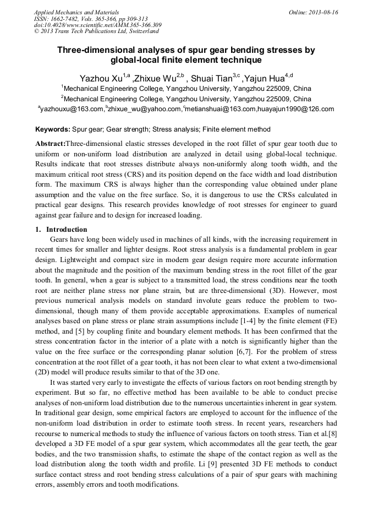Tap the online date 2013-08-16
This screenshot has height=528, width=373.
[x=323, y=12]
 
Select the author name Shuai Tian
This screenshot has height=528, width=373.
[x=212, y=78]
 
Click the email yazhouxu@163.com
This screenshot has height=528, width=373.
[x=72, y=109]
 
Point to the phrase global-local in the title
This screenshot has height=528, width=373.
[x=135, y=60]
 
